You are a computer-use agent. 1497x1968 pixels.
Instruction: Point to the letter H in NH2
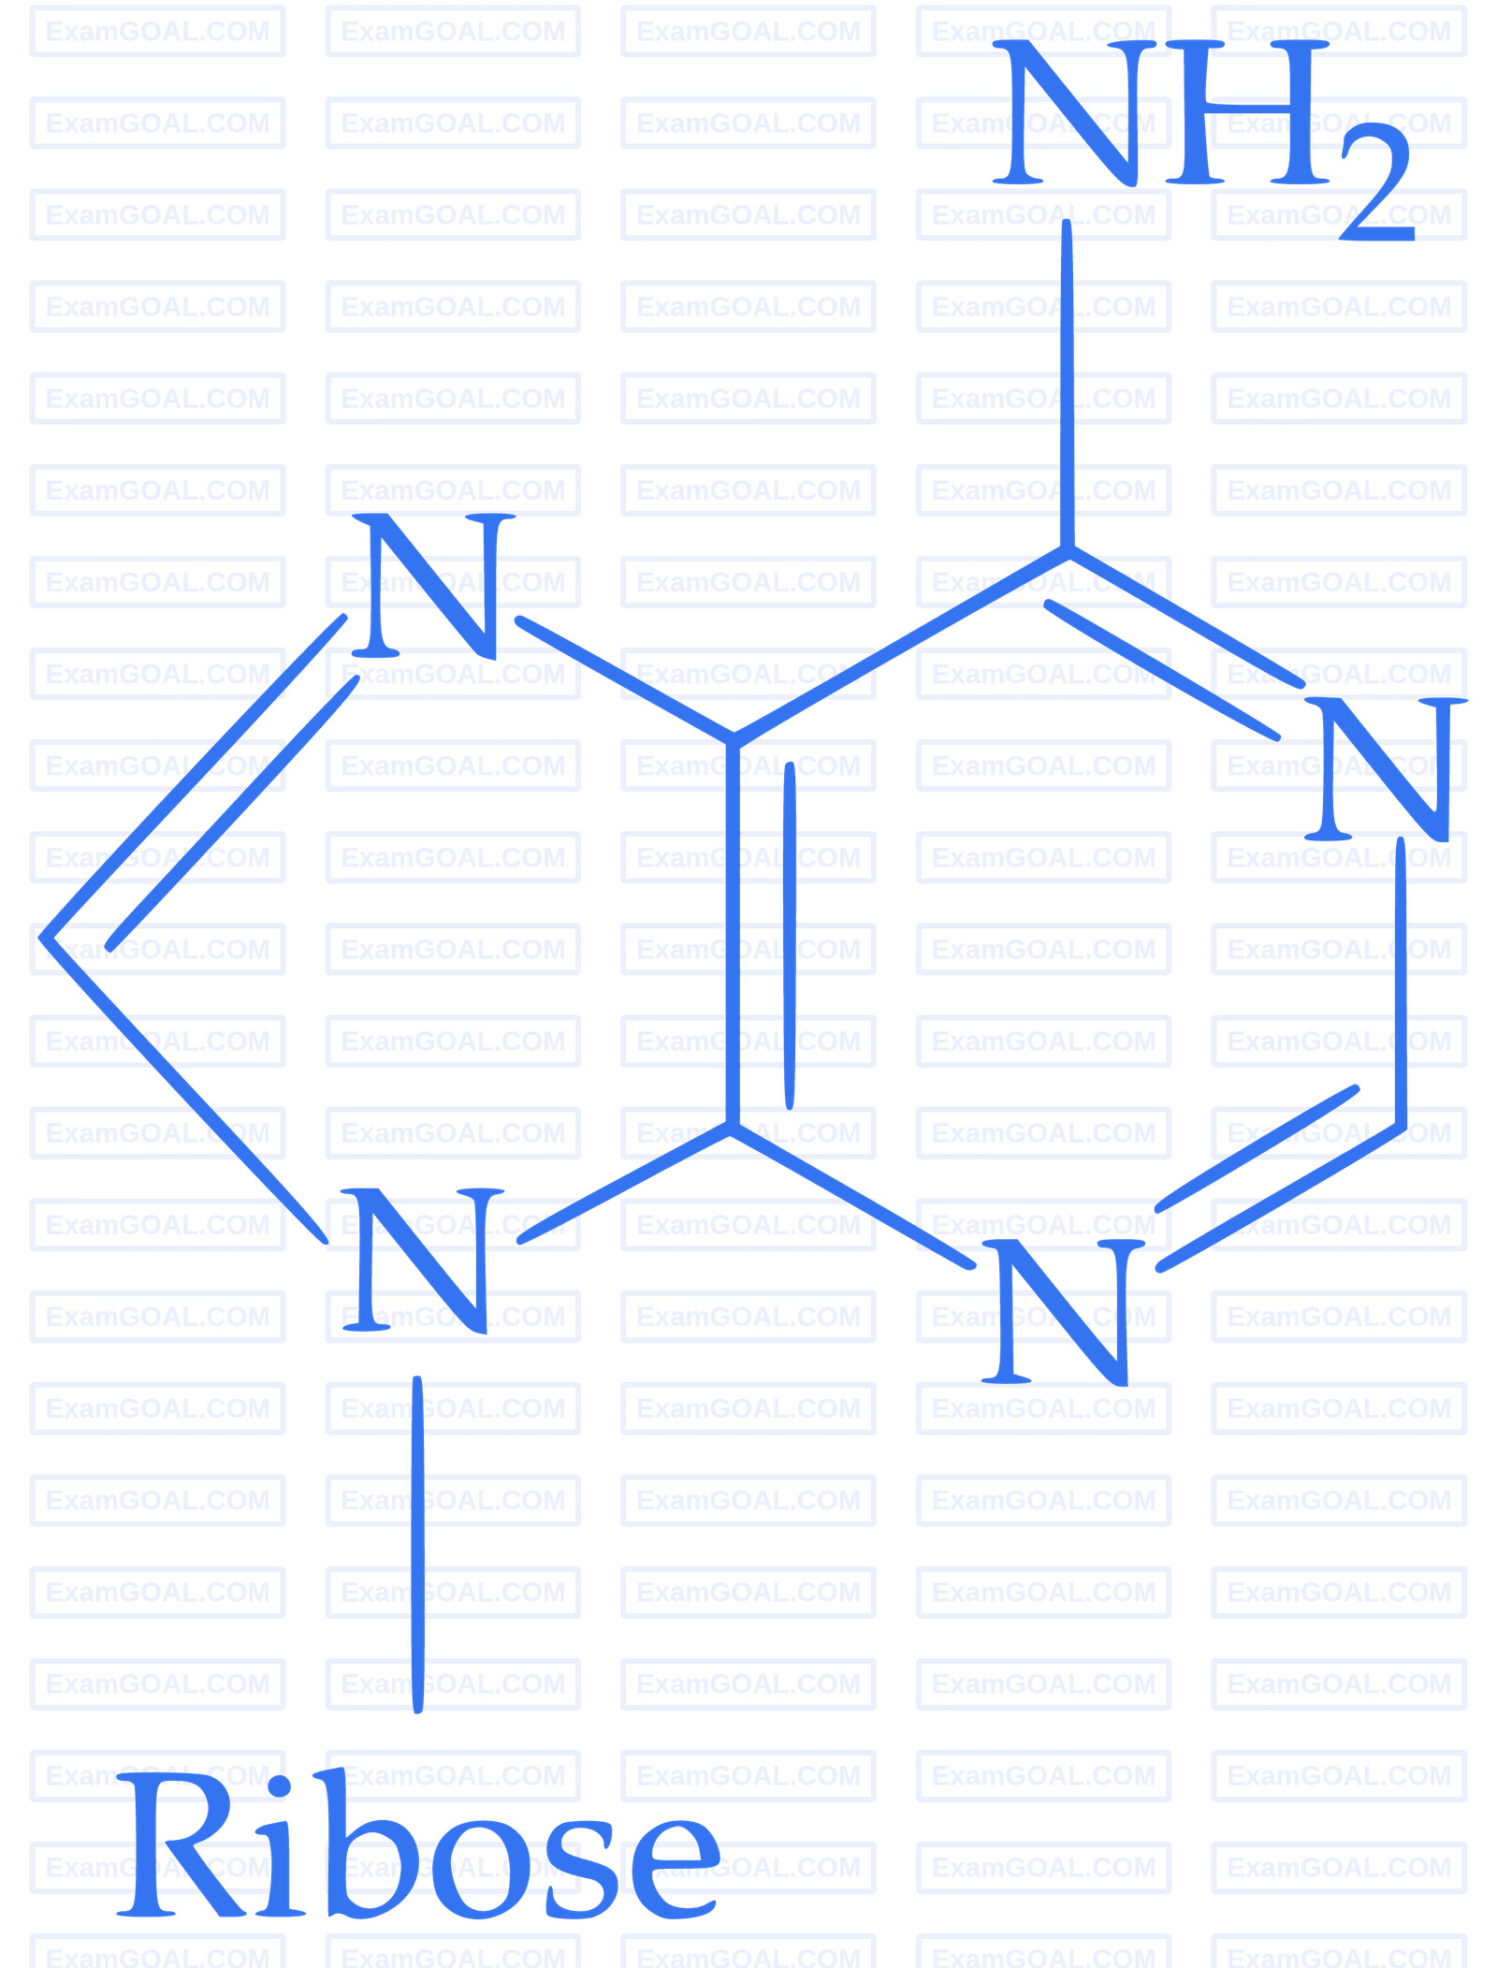1247,112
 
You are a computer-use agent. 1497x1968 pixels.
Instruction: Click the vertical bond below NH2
1067,384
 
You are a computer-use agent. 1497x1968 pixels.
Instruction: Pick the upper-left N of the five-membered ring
433,585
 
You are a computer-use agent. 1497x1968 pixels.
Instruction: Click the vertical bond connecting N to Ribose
417,1544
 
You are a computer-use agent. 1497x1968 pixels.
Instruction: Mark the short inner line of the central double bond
790,936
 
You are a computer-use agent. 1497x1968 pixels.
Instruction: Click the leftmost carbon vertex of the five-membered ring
43,936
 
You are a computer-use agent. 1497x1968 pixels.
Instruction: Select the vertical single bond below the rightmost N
1401,983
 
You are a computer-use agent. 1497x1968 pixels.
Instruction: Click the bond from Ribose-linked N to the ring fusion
624,1184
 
